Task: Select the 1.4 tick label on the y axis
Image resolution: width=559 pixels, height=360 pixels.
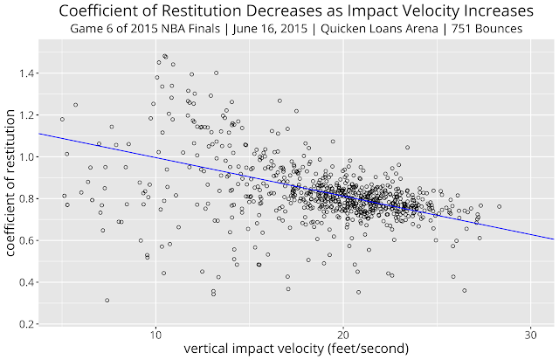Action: click(19, 73)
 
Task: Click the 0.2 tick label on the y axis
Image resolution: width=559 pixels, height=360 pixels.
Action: click(19, 323)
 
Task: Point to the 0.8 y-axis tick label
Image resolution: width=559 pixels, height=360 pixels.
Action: click(19, 198)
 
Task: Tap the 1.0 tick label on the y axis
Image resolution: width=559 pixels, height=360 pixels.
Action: click(19, 156)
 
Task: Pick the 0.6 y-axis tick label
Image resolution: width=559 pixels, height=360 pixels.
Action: click(19, 240)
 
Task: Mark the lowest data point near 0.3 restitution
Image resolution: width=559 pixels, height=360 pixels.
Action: click(107, 301)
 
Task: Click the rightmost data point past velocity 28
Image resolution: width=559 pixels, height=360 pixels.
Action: click(499, 206)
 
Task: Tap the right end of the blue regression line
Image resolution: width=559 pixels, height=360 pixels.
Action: click(550, 238)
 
